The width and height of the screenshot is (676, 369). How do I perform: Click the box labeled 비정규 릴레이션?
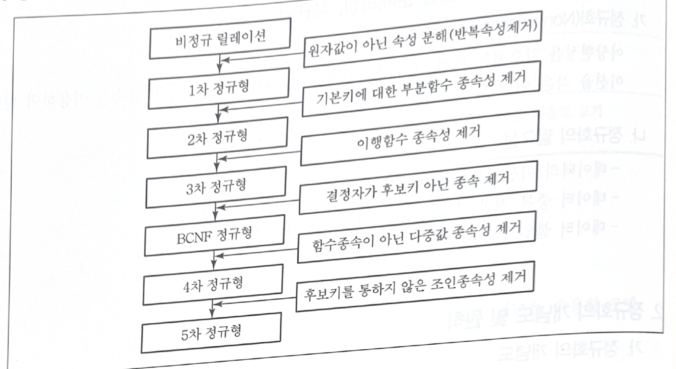[x=220, y=39]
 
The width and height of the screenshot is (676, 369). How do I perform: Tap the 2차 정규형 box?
[x=217, y=138]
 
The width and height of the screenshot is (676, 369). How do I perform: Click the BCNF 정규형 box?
[x=214, y=236]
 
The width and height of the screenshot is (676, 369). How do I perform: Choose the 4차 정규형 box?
[x=213, y=285]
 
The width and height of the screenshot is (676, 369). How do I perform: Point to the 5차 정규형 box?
[x=211, y=333]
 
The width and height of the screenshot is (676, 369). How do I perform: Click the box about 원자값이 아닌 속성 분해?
[x=422, y=39]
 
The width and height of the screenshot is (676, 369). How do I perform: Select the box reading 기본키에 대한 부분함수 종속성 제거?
[x=420, y=89]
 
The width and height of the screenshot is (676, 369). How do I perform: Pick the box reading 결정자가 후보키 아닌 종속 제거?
[x=417, y=187]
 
